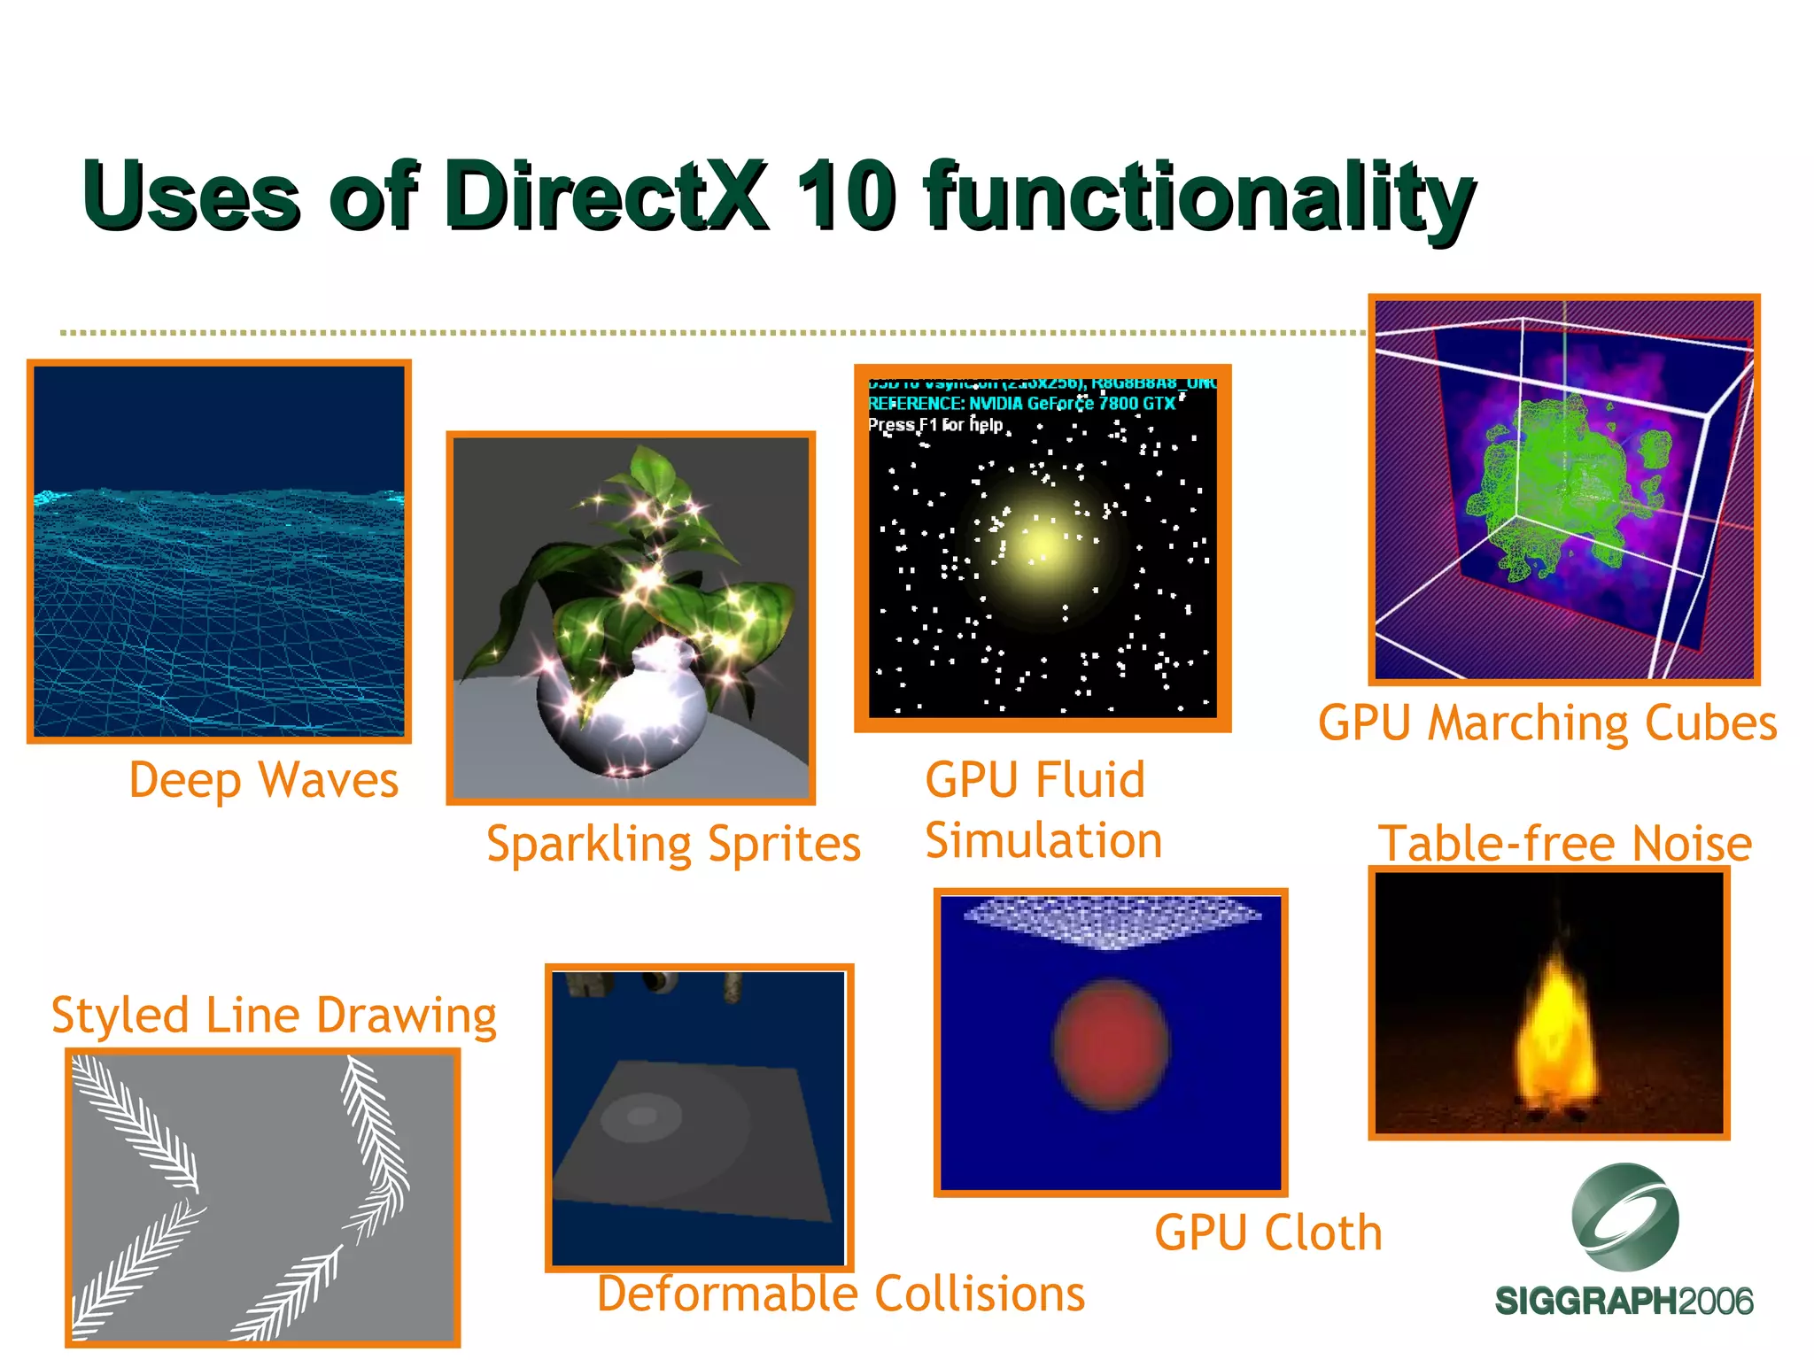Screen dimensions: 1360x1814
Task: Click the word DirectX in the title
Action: coord(606,197)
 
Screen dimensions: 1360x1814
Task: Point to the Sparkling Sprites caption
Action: coord(673,844)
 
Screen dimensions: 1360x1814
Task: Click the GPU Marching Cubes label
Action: coord(1547,723)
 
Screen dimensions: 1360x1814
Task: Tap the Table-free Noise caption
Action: coord(1564,843)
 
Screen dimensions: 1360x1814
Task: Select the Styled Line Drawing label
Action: coord(274,1015)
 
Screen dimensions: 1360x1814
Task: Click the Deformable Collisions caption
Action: coord(841,1294)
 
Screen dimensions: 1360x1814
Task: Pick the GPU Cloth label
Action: coord(1268,1232)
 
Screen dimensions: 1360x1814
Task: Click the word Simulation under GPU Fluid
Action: coord(1043,840)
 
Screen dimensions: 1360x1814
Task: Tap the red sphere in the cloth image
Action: coord(1111,1045)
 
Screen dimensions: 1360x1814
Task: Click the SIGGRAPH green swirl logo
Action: coord(1624,1217)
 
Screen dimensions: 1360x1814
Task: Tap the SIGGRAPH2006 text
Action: coord(1624,1302)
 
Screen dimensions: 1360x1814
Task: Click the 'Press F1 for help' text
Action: coord(935,425)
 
